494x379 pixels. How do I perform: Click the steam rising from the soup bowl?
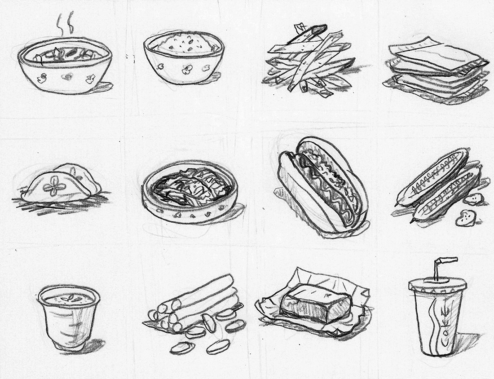coord(65,24)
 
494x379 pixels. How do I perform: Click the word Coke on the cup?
coord(446,326)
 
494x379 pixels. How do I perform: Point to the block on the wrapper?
coord(315,302)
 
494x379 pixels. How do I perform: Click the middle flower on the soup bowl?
coord(67,76)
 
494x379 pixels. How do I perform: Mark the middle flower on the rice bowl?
coord(187,69)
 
